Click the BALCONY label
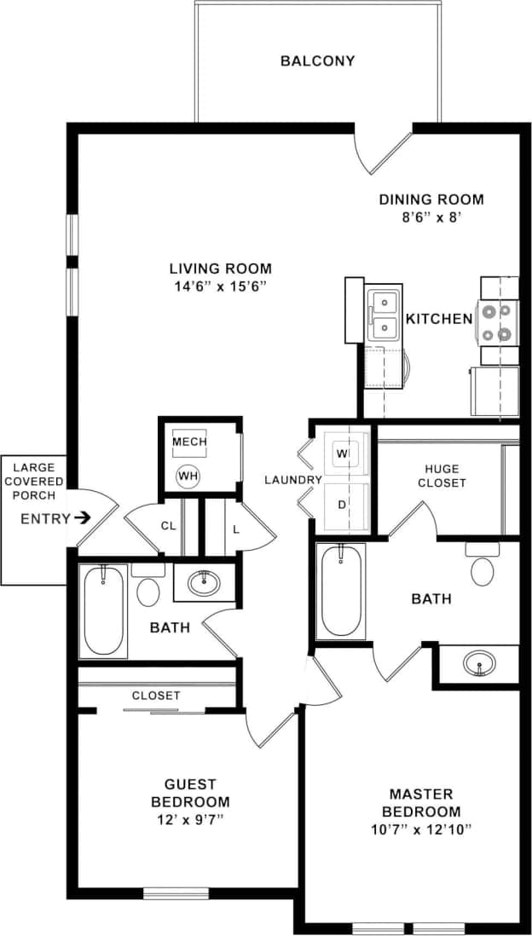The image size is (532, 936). [x=317, y=61]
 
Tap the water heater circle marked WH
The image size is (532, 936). [x=187, y=477]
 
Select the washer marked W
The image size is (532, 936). [x=344, y=454]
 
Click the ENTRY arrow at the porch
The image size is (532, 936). [x=82, y=517]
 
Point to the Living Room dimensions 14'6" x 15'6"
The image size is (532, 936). [x=220, y=286]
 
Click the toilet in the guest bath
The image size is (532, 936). [x=149, y=589]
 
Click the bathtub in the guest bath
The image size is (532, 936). [x=103, y=610]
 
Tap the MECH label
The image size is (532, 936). [x=189, y=442]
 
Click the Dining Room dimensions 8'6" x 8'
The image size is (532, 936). [x=431, y=217]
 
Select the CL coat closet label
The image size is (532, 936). [x=168, y=526]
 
